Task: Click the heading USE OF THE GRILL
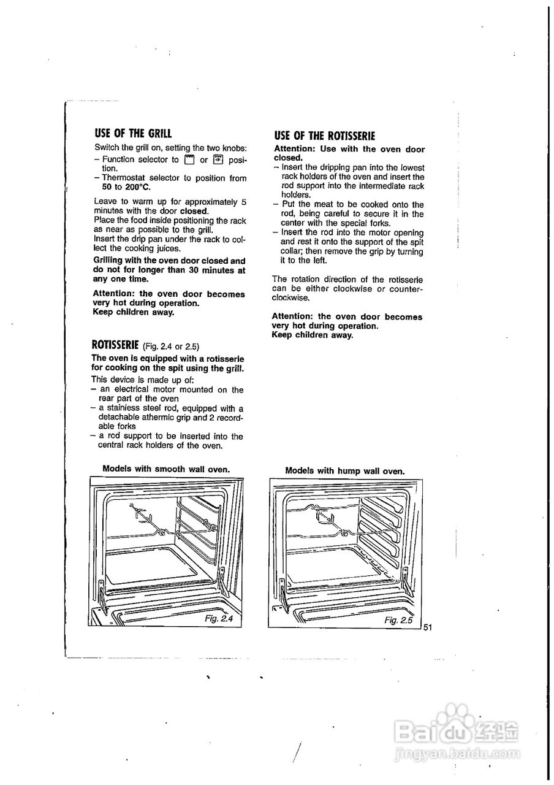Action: (x=133, y=133)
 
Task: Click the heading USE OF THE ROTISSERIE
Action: (x=324, y=136)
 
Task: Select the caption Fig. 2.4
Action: (x=219, y=618)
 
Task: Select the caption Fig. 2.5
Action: (x=399, y=621)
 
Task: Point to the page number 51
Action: (x=428, y=627)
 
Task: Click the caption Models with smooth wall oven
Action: (x=166, y=469)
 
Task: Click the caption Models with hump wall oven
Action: (x=345, y=471)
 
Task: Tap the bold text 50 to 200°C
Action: (x=123, y=187)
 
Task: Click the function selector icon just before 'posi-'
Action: (x=218, y=160)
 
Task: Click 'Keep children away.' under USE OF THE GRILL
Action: (x=133, y=312)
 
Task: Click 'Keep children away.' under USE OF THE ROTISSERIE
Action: (x=312, y=335)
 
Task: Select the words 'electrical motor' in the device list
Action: (x=141, y=389)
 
